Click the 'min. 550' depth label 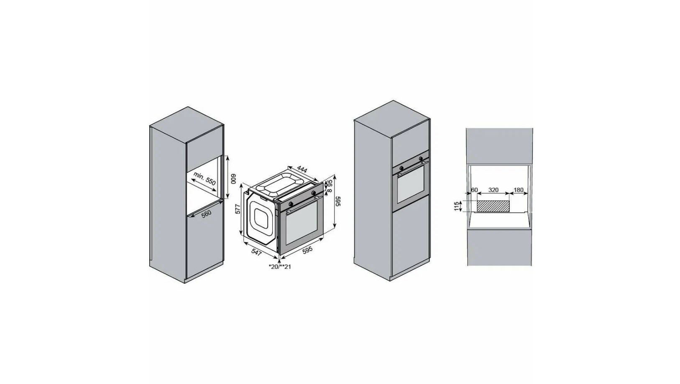205,179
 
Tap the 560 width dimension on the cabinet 206,214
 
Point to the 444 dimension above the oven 302,169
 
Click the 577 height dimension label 238,209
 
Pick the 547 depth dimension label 256,252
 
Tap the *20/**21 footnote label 280,267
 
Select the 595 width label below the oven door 307,249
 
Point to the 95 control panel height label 330,183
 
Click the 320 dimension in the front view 493,190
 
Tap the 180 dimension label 518,190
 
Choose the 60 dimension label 475,190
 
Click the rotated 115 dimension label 456,206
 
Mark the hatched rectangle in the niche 493,206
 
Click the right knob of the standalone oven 313,193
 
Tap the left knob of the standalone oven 291,203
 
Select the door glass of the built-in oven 410,184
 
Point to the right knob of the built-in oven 421,159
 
